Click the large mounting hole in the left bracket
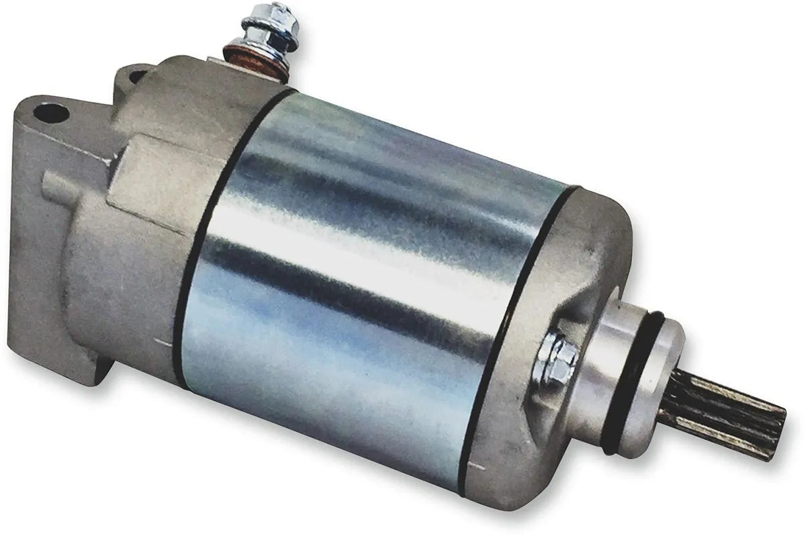tap(52, 112)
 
